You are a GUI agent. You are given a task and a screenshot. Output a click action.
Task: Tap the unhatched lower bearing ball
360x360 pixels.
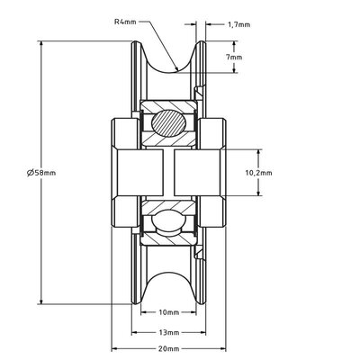[169, 222]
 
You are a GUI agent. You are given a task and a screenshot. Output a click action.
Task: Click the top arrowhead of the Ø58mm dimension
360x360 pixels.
[42, 42]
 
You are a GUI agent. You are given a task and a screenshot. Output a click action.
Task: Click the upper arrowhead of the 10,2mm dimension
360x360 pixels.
[260, 151]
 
